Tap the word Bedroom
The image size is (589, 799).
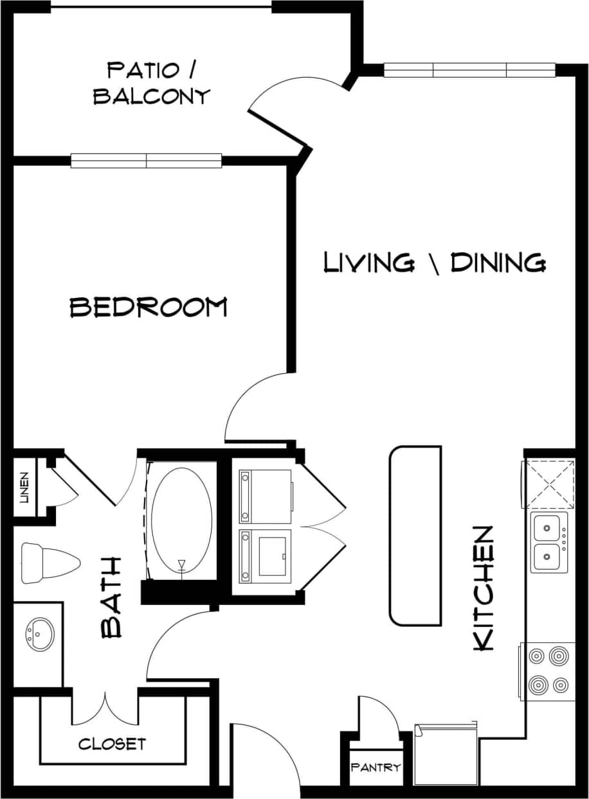click(149, 307)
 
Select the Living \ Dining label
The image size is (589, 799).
click(435, 263)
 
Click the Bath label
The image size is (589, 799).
click(112, 597)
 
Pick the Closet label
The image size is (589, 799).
click(113, 744)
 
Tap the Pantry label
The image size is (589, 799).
click(376, 767)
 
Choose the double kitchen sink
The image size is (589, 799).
click(548, 541)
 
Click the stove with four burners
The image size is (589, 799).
click(548, 671)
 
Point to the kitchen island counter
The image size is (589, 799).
click(415, 536)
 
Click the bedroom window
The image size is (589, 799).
click(146, 161)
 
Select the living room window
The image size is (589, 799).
click(469, 70)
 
